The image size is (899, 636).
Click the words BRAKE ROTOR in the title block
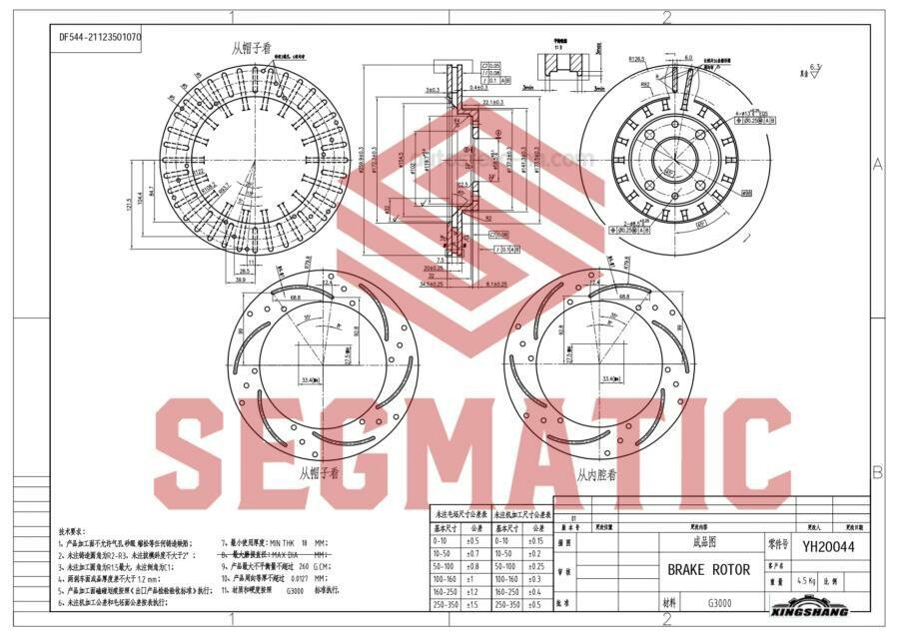707,570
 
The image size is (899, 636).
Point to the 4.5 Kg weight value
806,580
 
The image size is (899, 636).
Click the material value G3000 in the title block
721,603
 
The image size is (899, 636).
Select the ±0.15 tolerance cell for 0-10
538,541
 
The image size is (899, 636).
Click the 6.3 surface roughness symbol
815,69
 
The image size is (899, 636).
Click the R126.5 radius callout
636,59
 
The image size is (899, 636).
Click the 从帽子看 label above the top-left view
251,47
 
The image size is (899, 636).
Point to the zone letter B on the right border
877,471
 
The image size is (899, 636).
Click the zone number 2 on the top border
666,16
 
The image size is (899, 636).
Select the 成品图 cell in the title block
704,542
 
